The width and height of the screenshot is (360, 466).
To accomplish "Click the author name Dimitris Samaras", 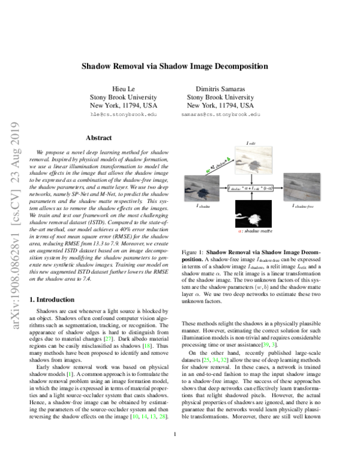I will [x=220, y=87].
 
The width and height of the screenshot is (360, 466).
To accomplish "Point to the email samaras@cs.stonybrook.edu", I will [x=221, y=113].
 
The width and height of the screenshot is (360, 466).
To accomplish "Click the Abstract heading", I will [x=99, y=138].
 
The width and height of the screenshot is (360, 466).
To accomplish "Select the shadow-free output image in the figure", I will [x=302, y=187].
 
